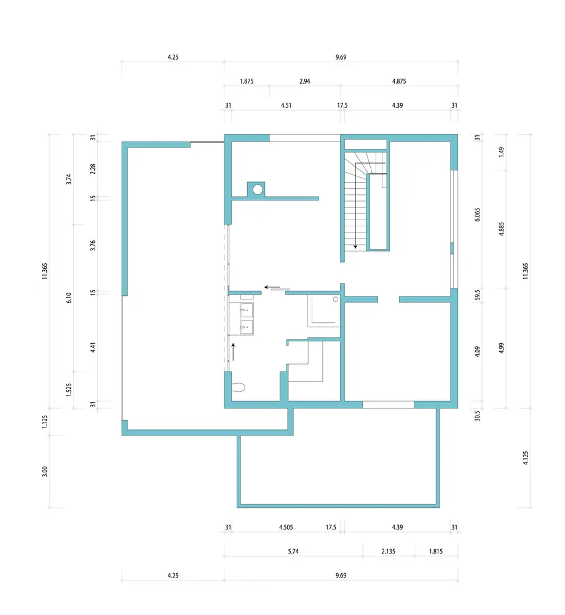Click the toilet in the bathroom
coord(239,387)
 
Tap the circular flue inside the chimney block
coord(258,190)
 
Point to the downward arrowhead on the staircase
coord(355,247)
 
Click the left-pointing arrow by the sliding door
coord(272,287)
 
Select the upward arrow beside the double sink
coord(233,352)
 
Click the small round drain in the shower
coord(336,300)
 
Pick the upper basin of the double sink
coord(247,310)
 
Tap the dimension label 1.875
coord(247,81)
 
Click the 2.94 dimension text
coord(305,81)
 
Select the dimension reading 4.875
coord(399,81)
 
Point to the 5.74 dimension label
coord(293,551)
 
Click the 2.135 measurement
coord(389,551)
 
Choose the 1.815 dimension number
coord(436,551)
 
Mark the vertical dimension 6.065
coord(477,215)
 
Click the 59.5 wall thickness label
coord(477,295)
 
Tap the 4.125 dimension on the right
coord(526,458)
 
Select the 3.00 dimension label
coord(45,471)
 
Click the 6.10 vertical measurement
coord(69,298)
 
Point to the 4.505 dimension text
coord(286,527)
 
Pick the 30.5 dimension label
coord(477,416)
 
